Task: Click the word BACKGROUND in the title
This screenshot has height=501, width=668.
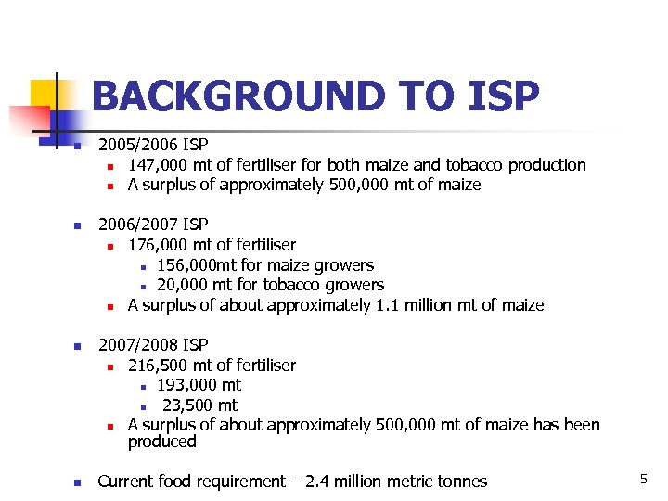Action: (x=225, y=96)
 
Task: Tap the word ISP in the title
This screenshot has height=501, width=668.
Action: (x=495, y=96)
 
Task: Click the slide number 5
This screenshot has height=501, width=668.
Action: (x=643, y=478)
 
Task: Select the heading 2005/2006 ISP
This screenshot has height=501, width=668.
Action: (x=153, y=145)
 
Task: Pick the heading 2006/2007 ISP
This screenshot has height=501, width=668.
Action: (x=153, y=225)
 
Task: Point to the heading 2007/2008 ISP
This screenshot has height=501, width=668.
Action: (x=153, y=345)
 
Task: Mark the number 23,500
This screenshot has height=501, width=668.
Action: (x=188, y=405)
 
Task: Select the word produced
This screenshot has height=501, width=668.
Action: (x=161, y=443)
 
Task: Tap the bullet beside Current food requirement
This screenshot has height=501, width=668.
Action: (x=78, y=482)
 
